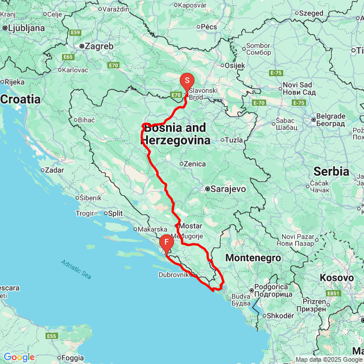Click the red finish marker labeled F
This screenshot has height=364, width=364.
click(x=166, y=243)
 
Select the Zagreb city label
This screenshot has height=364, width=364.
click(x=99, y=46)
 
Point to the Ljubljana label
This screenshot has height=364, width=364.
click(x=26, y=27)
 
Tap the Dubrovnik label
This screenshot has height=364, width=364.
click(x=173, y=275)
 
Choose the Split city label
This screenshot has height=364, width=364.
click(x=115, y=213)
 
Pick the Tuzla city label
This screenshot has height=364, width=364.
click(x=234, y=139)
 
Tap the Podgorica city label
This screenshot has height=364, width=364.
click(x=273, y=287)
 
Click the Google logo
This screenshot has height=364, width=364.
click(x=19, y=357)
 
